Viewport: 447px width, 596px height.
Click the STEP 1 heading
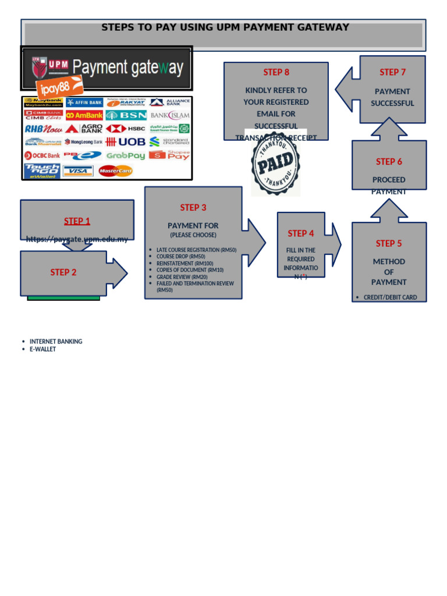[77, 221]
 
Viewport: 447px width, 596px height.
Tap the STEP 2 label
[63, 272]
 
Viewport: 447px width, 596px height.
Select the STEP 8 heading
[276, 72]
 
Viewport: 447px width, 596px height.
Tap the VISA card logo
[78, 171]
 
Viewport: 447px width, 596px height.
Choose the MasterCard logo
[116, 171]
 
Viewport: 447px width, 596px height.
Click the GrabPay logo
[125, 156]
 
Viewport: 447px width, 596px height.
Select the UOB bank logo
[125, 142]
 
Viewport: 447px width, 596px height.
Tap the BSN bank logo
[125, 115]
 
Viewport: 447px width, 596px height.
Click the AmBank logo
[84, 115]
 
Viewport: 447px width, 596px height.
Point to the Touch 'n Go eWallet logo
[42, 171]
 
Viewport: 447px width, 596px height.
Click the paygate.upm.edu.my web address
[77, 239]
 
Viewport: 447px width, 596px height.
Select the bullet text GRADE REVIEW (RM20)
[182, 277]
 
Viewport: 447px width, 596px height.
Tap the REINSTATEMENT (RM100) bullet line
[185, 264]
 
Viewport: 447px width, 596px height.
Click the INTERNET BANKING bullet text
[56, 342]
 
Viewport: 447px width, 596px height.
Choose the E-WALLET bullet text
[43, 349]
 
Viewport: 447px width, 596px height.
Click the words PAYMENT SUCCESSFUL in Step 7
[392, 97]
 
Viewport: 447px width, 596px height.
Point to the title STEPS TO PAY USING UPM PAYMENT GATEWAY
[225, 27]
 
